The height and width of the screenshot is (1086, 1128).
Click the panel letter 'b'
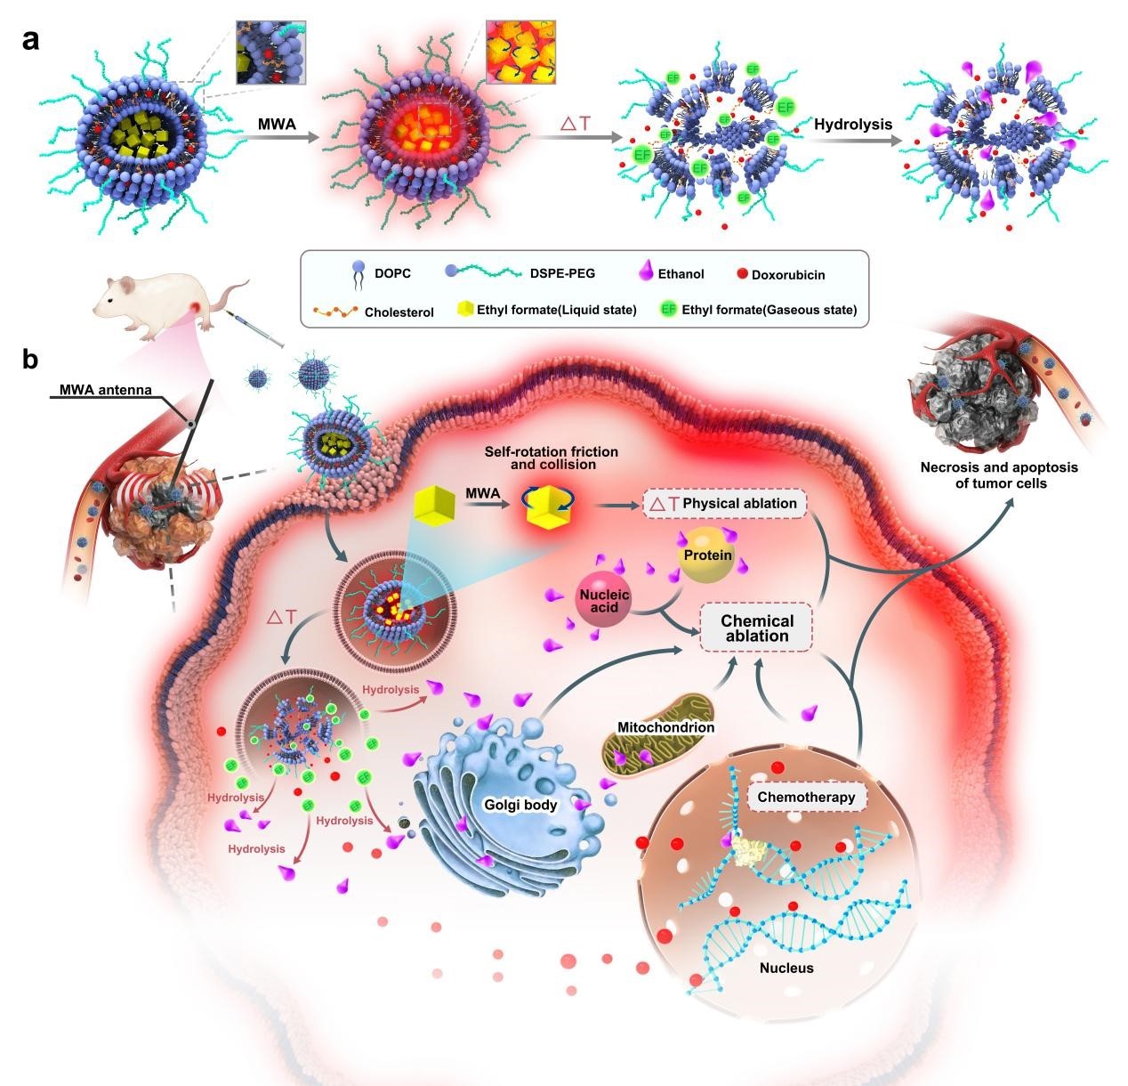(31, 360)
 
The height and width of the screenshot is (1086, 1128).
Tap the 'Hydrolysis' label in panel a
(853, 125)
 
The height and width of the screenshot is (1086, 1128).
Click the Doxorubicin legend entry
(780, 275)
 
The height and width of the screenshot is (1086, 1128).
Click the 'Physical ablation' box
(725, 504)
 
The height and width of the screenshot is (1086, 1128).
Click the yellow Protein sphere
(707, 556)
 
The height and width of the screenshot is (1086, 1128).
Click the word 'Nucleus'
(786, 968)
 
